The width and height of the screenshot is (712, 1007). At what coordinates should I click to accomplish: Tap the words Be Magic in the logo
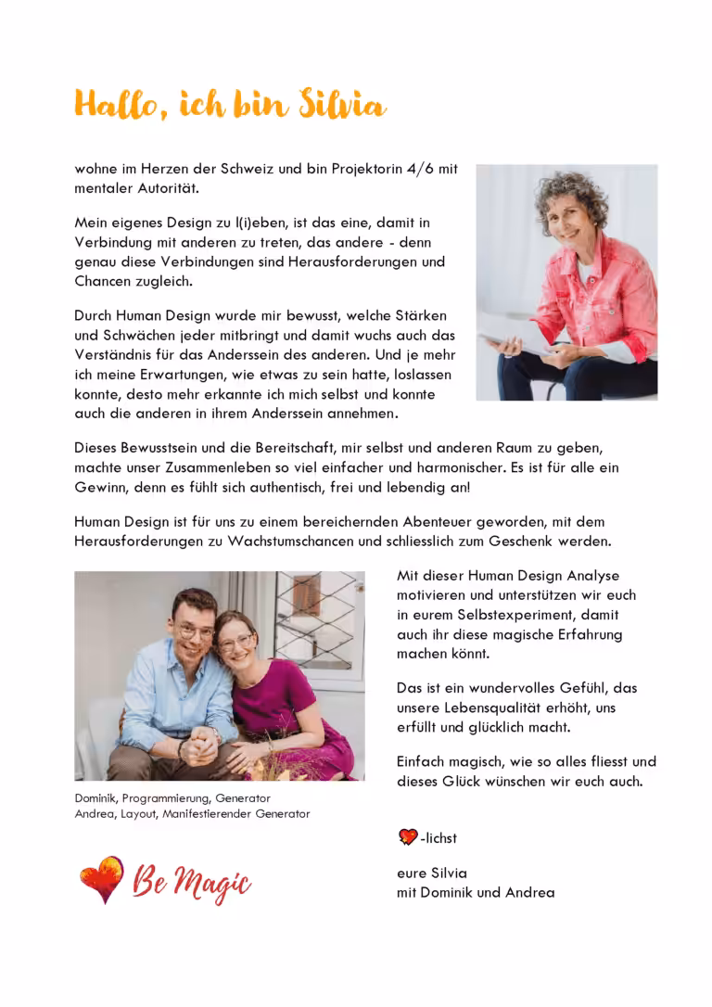coord(192,882)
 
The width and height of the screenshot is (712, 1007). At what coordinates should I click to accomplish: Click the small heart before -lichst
coord(407,837)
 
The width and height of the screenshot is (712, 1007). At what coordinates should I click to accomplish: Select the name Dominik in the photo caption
coord(95,797)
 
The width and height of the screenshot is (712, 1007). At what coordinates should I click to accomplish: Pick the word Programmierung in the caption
coord(166,797)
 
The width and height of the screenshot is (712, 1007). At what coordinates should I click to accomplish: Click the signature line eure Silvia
coord(432,873)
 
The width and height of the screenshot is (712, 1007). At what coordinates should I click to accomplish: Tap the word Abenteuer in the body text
coord(417,522)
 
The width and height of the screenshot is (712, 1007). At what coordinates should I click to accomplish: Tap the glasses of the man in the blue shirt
coord(196,631)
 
